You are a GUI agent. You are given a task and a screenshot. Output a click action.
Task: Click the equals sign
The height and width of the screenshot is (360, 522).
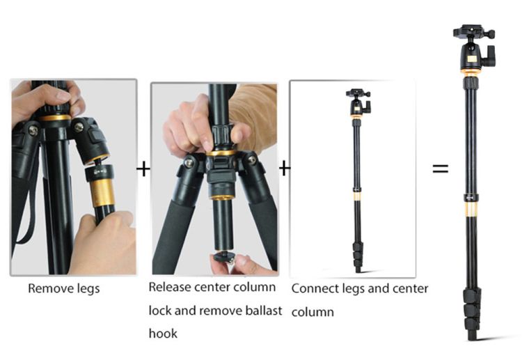click(x=440, y=169)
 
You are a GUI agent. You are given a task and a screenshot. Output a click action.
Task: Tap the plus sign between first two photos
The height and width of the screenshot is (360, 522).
click(x=143, y=169)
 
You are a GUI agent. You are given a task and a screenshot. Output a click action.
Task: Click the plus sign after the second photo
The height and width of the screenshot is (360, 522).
click(x=284, y=168)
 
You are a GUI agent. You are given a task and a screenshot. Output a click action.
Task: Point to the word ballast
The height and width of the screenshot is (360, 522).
click(x=264, y=311)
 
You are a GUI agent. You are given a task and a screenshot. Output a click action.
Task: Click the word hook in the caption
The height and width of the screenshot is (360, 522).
click(x=163, y=334)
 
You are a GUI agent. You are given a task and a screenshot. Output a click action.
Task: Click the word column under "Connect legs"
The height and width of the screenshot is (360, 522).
click(x=313, y=312)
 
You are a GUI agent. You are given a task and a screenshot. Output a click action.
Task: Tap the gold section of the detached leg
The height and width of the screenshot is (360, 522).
click(x=102, y=192)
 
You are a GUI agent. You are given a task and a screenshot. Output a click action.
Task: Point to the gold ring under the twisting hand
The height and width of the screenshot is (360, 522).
click(x=221, y=153)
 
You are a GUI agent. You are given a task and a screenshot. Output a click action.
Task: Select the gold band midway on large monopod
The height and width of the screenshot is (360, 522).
click(x=471, y=209)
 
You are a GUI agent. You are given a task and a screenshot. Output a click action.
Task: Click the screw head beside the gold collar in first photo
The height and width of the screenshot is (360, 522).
click(x=79, y=127)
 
